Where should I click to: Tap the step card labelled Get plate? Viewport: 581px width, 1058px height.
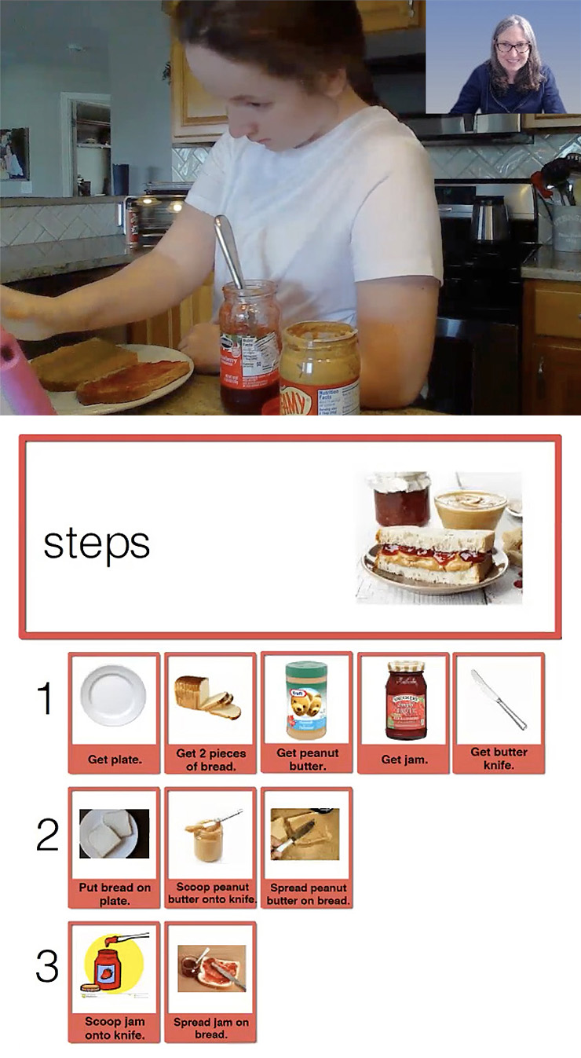coord(115,712)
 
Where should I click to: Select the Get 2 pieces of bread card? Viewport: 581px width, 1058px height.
coord(210,712)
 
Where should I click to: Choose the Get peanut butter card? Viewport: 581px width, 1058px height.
coord(307,712)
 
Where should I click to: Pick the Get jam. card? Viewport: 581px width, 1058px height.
coord(403,712)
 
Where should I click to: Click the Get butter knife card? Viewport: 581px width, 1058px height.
coord(499,712)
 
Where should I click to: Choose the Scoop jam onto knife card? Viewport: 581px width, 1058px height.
coord(115,981)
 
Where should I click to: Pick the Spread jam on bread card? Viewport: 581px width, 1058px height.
coord(210,981)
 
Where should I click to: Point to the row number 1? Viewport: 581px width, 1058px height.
coord(46,698)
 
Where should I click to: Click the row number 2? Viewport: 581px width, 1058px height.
coord(47,836)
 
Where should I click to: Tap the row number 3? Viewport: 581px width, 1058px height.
coord(47,968)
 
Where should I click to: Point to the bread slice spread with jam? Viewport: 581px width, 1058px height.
coord(133,381)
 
